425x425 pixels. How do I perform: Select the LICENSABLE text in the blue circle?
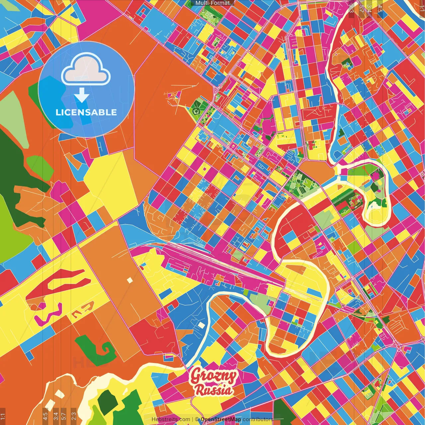86,112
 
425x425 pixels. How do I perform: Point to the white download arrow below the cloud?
81,95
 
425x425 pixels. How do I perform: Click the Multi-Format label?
212,3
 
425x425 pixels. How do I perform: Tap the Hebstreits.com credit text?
171,419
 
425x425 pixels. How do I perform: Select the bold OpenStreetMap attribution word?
220,419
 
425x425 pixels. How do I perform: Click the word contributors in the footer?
258,419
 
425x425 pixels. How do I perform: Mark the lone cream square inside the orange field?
129,280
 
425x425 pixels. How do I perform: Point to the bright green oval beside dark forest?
40,166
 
